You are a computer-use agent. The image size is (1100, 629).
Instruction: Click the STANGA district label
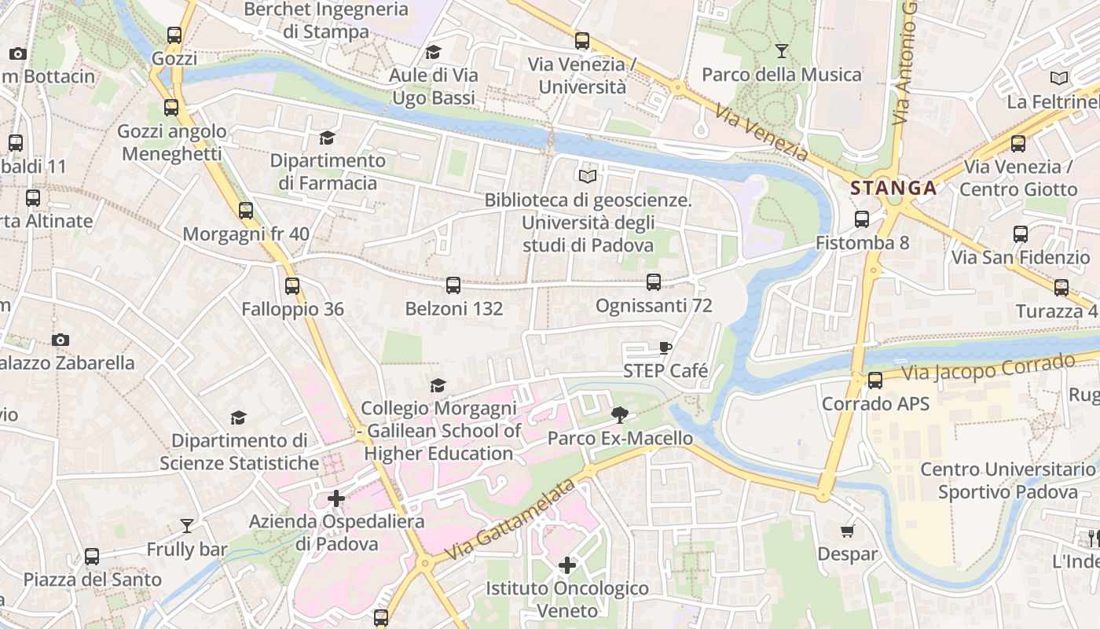click(893, 188)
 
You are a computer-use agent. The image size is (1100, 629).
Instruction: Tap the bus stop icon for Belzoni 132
click(453, 285)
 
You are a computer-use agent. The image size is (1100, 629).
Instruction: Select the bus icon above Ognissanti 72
click(654, 282)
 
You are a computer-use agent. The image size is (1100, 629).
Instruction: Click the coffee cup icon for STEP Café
click(665, 348)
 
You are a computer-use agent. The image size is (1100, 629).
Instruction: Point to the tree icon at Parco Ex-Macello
click(620, 414)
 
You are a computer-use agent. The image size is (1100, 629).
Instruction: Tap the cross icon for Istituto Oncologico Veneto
click(566, 565)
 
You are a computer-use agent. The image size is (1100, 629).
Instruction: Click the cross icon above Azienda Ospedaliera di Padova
click(336, 498)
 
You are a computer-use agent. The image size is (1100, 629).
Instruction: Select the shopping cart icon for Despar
click(847, 531)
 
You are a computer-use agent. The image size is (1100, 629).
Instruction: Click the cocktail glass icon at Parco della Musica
click(781, 51)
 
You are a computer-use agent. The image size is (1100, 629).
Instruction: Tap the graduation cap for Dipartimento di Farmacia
click(327, 138)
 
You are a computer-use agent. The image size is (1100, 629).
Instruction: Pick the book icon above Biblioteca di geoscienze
click(588, 176)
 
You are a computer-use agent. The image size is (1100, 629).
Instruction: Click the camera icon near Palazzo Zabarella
click(60, 340)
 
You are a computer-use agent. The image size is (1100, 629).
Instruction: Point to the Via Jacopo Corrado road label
click(988, 368)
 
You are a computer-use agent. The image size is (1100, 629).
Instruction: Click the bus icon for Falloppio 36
click(292, 286)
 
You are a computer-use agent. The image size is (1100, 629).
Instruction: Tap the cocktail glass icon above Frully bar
click(187, 526)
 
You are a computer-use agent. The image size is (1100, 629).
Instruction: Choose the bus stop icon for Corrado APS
click(874, 381)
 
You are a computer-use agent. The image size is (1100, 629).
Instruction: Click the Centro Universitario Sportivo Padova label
click(1007, 480)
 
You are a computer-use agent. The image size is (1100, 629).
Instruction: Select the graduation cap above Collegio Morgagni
click(438, 385)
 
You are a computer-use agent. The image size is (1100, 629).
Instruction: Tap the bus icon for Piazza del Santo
click(92, 557)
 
